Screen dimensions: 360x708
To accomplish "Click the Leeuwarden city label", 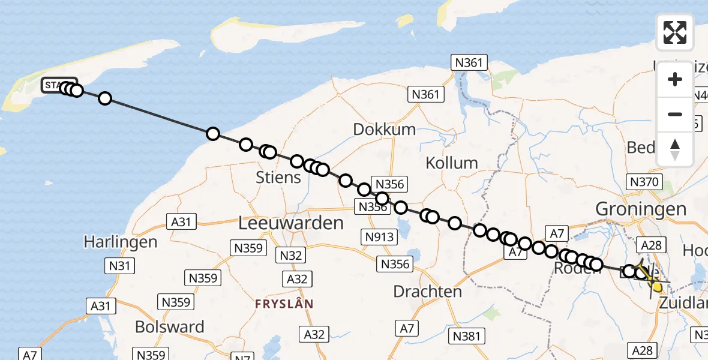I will coord(291,223).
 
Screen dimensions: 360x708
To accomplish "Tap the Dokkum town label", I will coord(384,130).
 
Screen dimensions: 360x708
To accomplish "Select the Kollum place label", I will coord(451,163).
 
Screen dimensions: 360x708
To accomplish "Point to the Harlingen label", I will coord(121,242).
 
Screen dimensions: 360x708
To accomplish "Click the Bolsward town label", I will coord(169,327).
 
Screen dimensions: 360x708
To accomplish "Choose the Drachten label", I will coord(428,292).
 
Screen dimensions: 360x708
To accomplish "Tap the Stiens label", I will coord(278,178).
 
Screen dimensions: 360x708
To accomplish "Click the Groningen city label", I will coord(641,209).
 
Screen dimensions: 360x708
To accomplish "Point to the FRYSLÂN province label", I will coord(284,304).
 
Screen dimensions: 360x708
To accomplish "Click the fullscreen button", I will coord(675,32).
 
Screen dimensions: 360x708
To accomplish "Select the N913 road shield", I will coord(379,236).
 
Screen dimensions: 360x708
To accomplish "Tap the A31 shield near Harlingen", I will coord(181,222).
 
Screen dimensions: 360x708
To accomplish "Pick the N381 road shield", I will coord(467,335).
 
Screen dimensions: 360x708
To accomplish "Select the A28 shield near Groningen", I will coord(651,245).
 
